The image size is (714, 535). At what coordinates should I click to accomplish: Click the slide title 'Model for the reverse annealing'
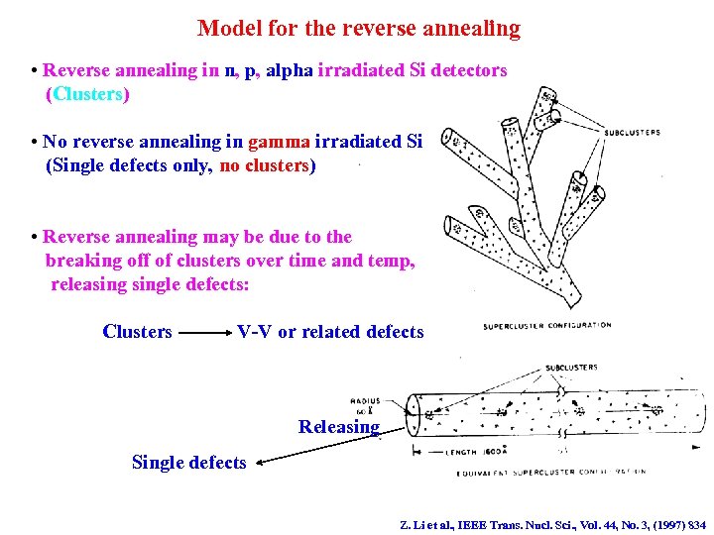358,28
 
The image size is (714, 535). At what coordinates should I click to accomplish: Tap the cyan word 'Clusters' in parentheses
87,95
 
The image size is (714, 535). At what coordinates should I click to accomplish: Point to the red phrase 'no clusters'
264,165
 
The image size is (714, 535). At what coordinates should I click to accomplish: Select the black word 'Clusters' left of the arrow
137,332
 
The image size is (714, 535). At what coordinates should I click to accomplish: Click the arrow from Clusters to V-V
203,333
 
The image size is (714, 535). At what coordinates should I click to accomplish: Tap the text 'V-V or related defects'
330,332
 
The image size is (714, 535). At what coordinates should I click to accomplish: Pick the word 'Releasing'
339,427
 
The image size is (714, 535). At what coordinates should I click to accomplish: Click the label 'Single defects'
188,463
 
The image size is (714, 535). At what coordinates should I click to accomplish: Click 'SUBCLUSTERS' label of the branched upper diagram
633,132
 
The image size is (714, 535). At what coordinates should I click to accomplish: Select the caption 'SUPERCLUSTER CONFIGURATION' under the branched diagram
546,326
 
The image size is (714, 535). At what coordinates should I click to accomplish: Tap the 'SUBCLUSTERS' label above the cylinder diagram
571,369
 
